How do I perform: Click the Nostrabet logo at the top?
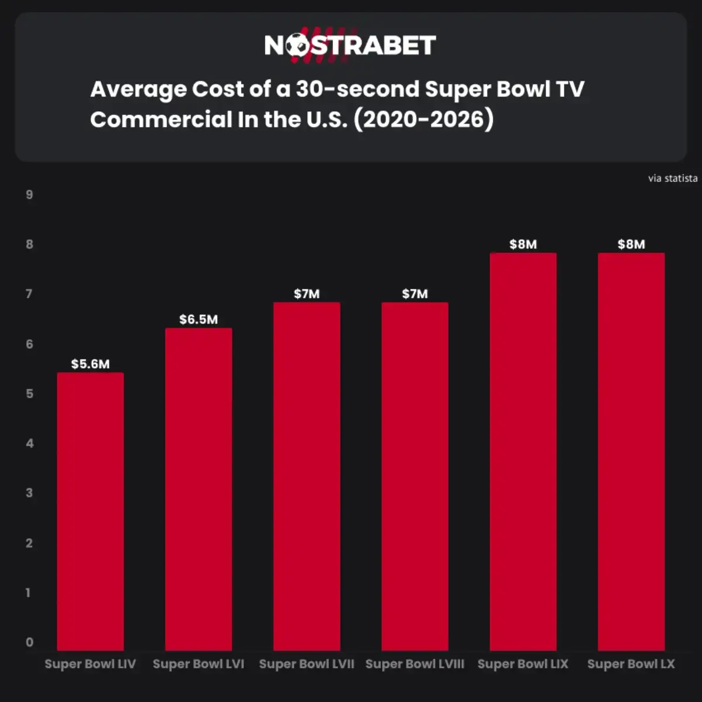coord(350,45)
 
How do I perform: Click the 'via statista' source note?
coord(672,178)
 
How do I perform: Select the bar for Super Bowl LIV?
coord(90,511)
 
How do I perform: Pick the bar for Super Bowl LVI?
coord(198,489)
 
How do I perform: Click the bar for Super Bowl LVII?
coord(307,476)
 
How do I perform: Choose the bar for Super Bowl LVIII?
coord(415,476)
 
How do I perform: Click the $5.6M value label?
coord(90,364)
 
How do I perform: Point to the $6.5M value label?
coord(198,319)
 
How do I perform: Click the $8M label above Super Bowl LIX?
coord(523,245)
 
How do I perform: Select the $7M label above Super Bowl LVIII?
coord(415,294)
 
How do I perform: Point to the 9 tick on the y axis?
coord(29,195)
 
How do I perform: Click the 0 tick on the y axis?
coord(29,642)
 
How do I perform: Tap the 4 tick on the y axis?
coord(29,443)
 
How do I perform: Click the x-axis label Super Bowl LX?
coord(631,664)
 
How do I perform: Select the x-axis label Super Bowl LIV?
coord(90,664)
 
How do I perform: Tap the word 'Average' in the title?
coord(138,90)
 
